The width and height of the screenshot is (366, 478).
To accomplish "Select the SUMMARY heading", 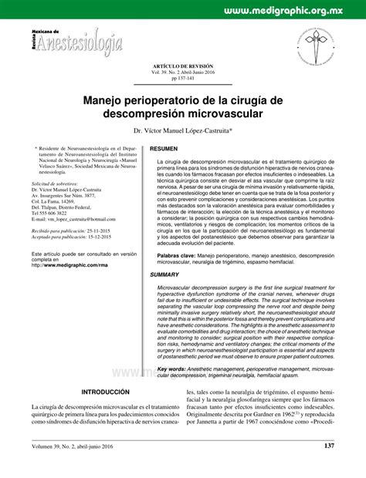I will tap(165, 274).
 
